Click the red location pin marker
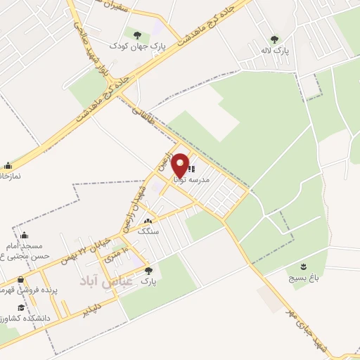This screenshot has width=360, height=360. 180,165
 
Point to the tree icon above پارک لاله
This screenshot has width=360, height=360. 274,39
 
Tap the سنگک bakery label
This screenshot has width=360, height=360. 148,231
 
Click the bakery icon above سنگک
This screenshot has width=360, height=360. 147,221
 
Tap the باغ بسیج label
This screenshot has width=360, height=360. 302,278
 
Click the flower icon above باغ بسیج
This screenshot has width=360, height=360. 302,266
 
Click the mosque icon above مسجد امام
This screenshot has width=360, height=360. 25,235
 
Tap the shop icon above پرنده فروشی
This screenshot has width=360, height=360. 22,278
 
